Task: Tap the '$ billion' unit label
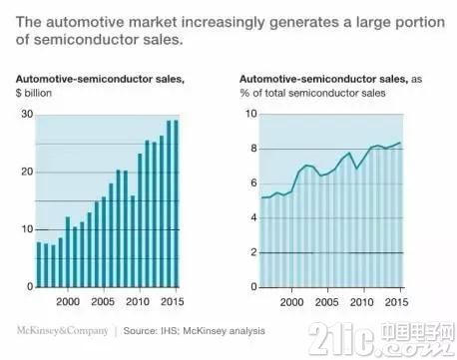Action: [x=34, y=93]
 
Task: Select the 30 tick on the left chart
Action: [x=28, y=114]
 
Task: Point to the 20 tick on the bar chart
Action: [x=28, y=172]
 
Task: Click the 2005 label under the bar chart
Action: [x=103, y=301]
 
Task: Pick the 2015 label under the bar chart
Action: [x=173, y=301]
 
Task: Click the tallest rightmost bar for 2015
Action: [x=176, y=203]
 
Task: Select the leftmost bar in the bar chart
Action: [x=39, y=264]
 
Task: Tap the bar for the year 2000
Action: [x=68, y=252]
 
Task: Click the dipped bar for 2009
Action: [x=133, y=241]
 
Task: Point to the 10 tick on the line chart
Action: [x=251, y=114]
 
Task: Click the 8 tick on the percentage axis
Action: [x=254, y=149]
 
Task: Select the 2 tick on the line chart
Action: [x=254, y=252]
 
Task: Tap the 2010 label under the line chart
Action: [x=362, y=302]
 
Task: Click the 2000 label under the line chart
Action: [x=291, y=302]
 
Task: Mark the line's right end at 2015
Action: [x=400, y=143]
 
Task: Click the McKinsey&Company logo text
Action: [x=63, y=331]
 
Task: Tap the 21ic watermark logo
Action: [x=382, y=338]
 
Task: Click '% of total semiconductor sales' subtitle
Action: [x=312, y=93]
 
